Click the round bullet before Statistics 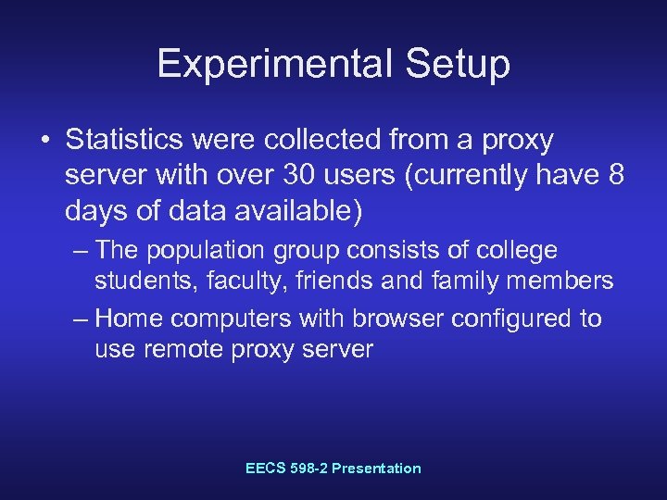click(45, 142)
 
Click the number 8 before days click(615, 176)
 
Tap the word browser click(386, 319)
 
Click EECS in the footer click(266, 469)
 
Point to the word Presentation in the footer click(375, 469)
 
